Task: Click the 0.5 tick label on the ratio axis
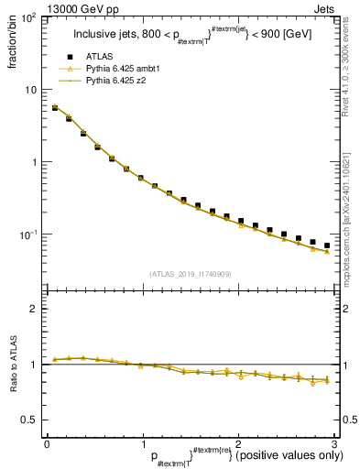[29, 420]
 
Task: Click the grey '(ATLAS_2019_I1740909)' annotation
[189, 274]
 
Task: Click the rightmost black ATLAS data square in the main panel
[327, 245]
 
